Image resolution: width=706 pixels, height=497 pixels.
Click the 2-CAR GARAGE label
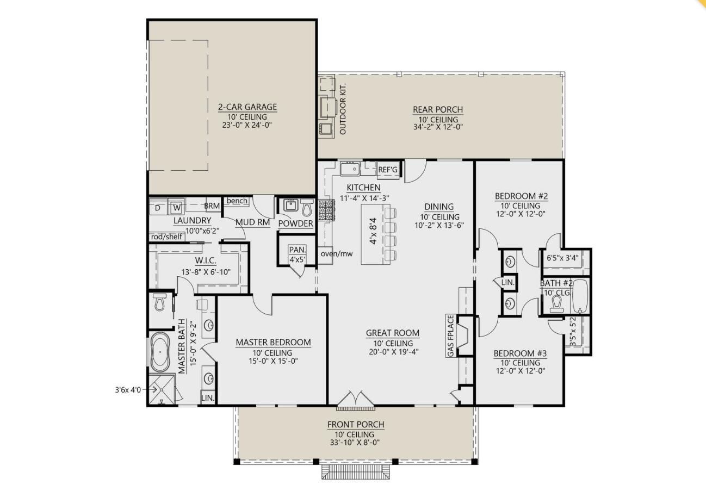pos(247,107)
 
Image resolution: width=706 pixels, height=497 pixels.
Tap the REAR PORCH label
pos(438,110)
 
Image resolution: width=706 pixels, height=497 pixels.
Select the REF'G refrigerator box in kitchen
pos(388,170)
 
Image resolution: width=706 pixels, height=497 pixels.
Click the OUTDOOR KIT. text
pos(343,109)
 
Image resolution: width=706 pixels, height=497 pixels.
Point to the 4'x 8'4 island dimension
pos(373,231)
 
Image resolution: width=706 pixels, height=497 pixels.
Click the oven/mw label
pos(337,253)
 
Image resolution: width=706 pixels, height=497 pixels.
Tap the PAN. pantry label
pos(297,250)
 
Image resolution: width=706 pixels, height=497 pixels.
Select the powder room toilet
pos(307,207)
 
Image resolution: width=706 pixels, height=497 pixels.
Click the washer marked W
pos(177,208)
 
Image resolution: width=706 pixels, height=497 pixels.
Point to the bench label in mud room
pos(237,201)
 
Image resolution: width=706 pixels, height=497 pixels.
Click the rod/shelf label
pos(167,237)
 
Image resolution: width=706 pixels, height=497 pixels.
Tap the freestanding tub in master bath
pos(160,352)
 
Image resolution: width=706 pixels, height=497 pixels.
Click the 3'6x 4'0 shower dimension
pos(128,390)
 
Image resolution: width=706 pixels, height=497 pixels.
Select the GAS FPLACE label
pos(450,336)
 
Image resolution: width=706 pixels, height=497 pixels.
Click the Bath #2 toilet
pos(556,304)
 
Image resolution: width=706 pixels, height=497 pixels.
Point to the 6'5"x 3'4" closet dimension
pos(562,258)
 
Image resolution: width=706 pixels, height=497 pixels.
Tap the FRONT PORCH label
pos(356,425)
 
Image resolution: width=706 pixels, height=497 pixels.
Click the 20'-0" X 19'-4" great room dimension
pos(394,352)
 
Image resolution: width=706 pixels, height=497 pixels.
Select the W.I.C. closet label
pos(206,260)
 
